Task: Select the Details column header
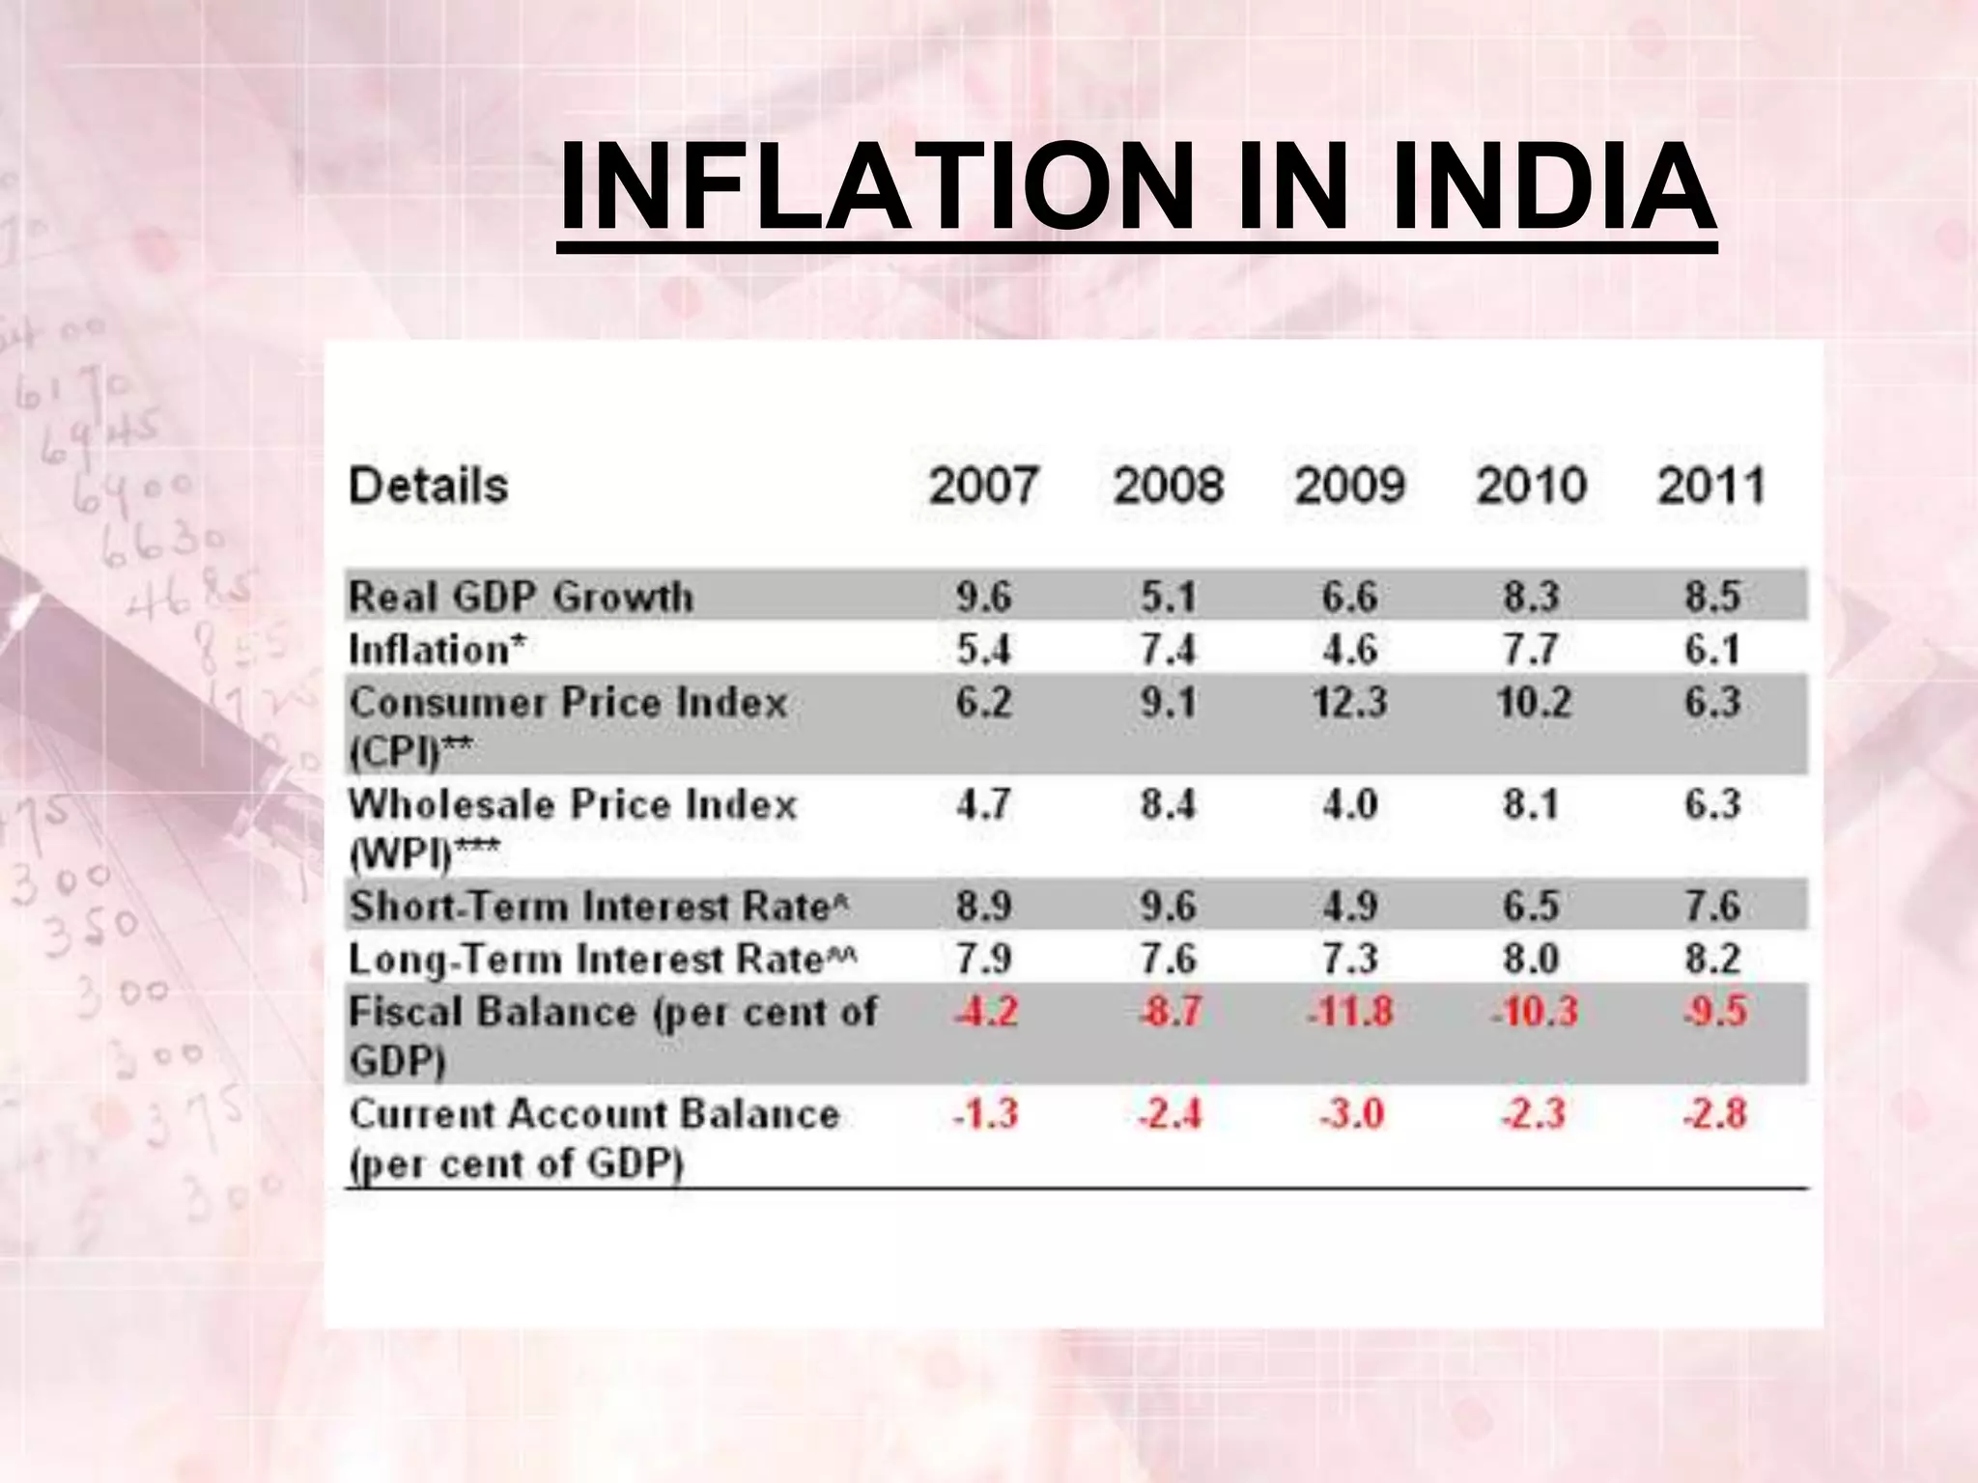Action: coord(428,486)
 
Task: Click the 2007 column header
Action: coord(983,486)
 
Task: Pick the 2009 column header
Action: coord(1349,486)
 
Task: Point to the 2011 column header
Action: coord(1711,486)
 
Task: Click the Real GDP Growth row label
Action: coord(521,597)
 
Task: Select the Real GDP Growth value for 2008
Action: coord(1168,597)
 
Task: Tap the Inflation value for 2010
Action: coord(1531,649)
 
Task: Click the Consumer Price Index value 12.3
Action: coord(1349,702)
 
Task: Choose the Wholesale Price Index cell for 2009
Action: coord(1349,803)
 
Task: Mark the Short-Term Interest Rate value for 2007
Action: coord(983,906)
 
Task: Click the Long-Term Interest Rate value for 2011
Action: coord(1712,959)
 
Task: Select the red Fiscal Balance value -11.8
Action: coord(1349,1012)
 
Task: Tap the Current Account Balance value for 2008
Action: coord(1169,1114)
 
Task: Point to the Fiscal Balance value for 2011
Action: coord(1714,1012)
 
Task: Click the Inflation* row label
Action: coord(437,649)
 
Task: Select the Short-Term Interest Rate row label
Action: coord(598,906)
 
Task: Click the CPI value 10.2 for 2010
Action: coord(1533,702)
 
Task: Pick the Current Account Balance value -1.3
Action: coord(985,1114)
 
